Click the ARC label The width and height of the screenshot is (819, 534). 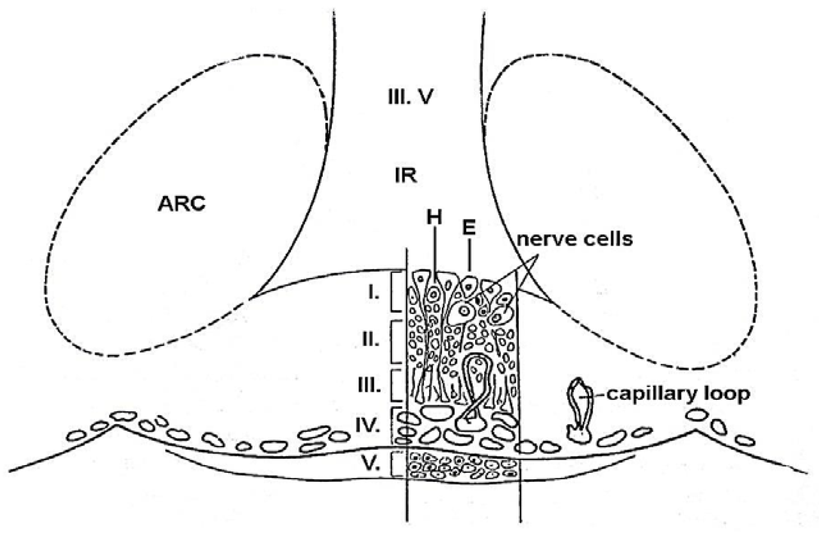(x=181, y=204)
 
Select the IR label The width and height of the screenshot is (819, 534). (x=406, y=176)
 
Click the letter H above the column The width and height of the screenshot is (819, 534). (x=434, y=218)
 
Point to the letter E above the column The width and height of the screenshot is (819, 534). (x=469, y=228)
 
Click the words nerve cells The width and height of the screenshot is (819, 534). (x=574, y=239)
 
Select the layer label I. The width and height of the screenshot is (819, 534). (x=374, y=293)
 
